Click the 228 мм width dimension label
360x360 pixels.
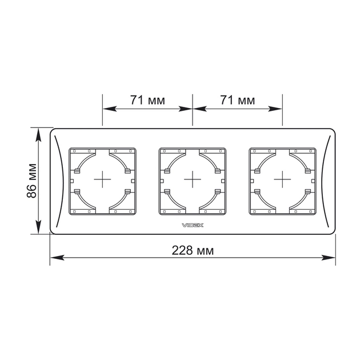pos(193,250)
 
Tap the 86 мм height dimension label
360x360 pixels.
pos(31,181)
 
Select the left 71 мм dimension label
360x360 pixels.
pos(147,100)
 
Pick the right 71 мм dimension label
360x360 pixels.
pos(238,100)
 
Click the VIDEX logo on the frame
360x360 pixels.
pos(193,226)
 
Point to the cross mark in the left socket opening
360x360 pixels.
pos(102,179)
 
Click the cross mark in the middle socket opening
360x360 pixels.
pos(193,179)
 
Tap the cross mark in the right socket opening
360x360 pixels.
pos(282,179)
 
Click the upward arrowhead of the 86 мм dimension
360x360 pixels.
pos(39,135)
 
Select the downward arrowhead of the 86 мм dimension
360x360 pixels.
pos(39,227)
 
